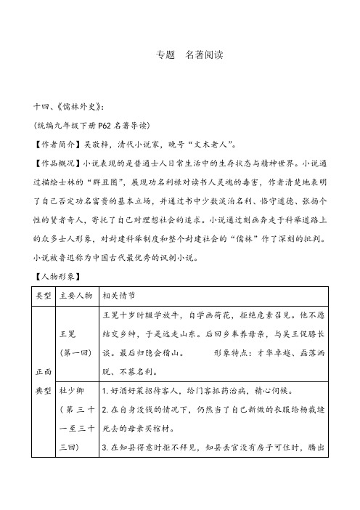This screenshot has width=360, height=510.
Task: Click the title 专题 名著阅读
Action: (180, 55)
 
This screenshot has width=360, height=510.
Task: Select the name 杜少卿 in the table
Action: (71, 408)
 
